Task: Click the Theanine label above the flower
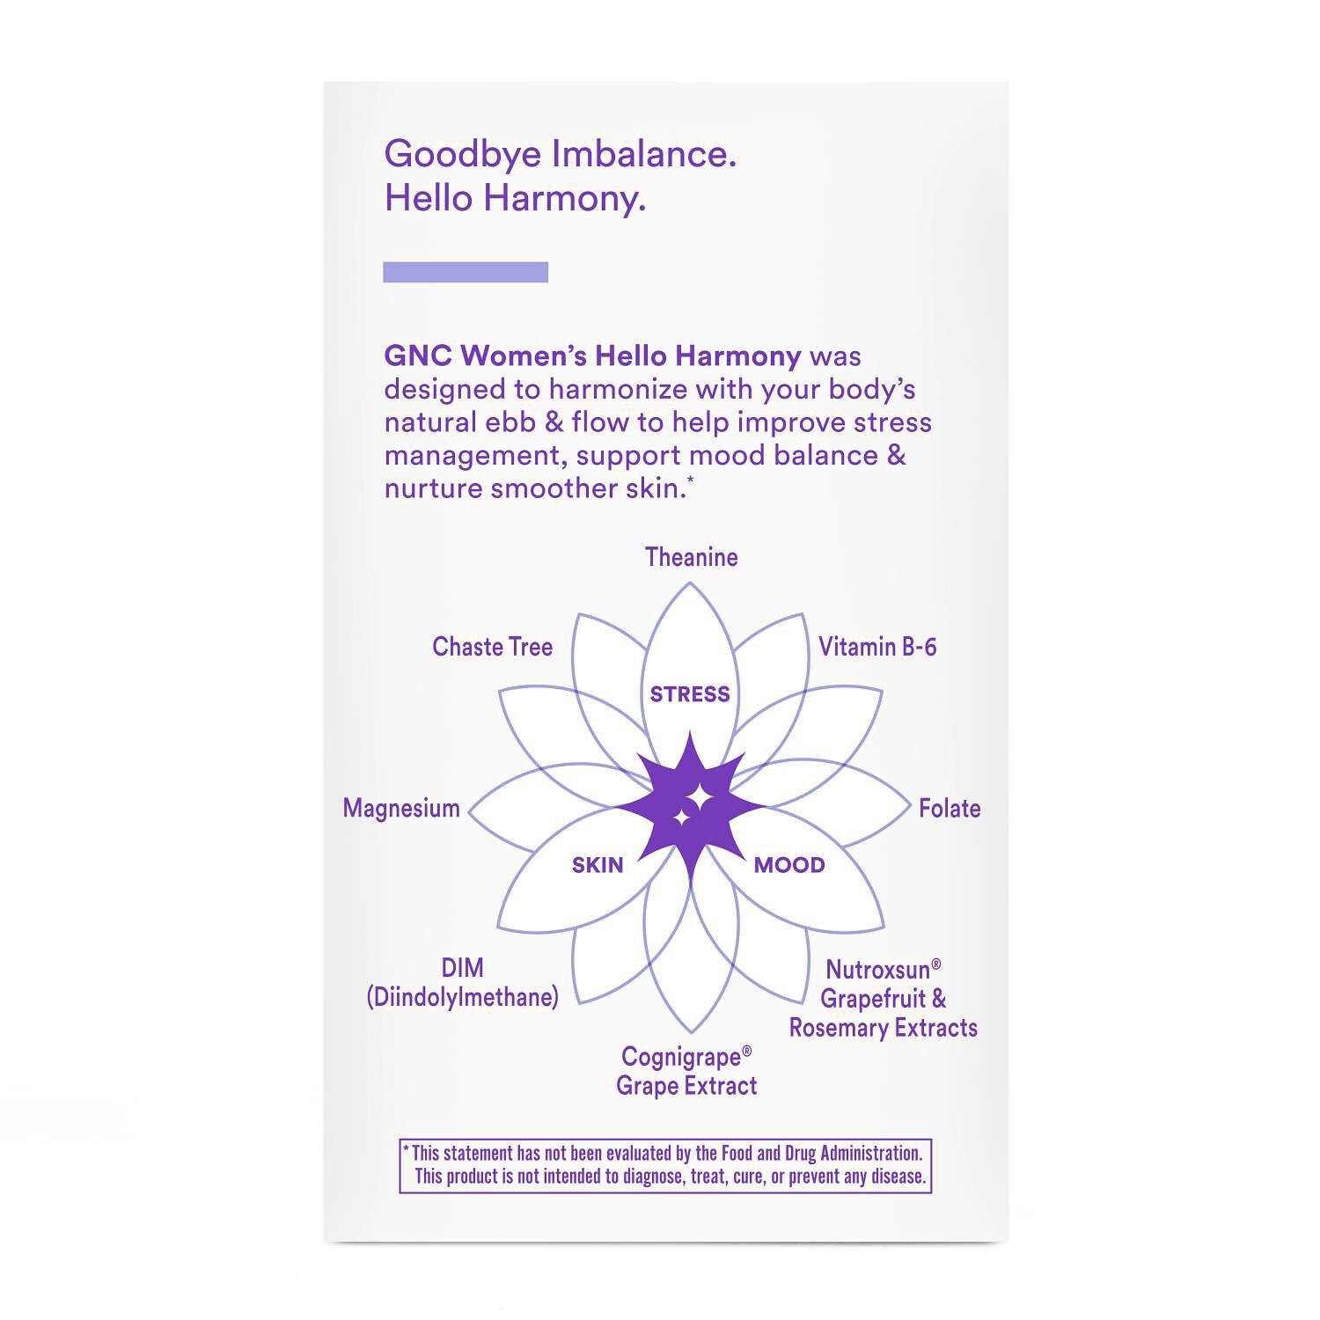691,557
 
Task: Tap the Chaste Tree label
492,647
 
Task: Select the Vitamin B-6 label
877,647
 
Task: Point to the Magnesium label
401,809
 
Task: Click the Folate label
950,809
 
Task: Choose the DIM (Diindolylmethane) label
463,983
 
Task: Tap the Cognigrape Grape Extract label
686,1071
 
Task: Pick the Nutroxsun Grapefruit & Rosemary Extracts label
883,999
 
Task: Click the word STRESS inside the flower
690,694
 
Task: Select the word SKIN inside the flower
598,865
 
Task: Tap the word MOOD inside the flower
789,865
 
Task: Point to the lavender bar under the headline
466,272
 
